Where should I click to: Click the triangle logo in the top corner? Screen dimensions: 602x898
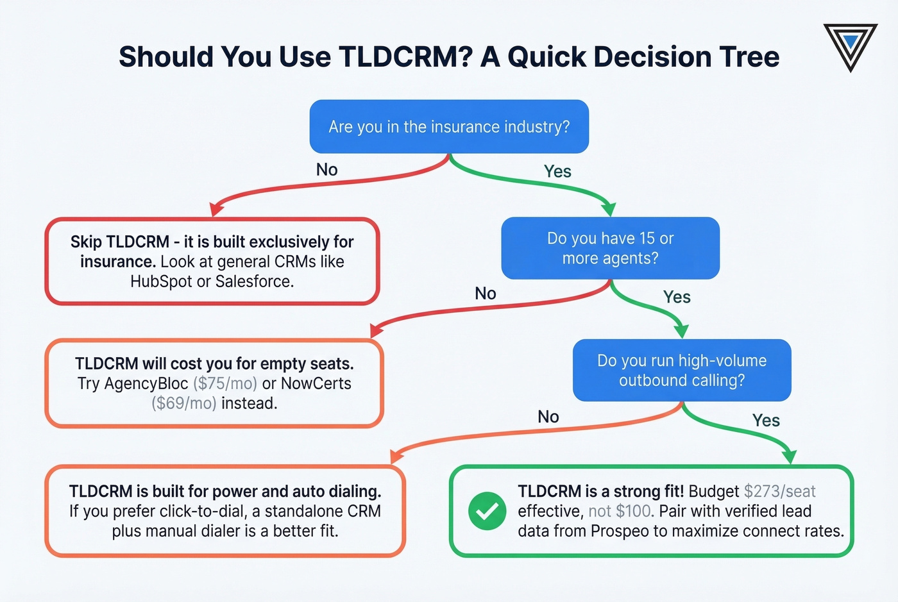click(x=850, y=46)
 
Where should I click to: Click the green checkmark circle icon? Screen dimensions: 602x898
click(x=487, y=511)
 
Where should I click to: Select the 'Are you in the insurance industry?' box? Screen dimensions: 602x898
click(x=449, y=126)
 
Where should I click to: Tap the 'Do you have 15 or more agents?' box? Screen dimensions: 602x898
click(x=610, y=248)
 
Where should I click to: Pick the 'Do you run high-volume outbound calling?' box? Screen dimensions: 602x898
click(x=682, y=370)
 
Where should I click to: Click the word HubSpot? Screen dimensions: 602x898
click(x=161, y=281)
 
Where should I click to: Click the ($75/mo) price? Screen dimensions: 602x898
click(x=224, y=383)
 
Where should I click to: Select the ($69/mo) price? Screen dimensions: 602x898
click(x=184, y=403)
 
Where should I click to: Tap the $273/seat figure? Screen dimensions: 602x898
click(x=779, y=491)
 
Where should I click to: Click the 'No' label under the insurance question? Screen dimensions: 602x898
click(x=326, y=169)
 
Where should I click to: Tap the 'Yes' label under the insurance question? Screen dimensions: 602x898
click(x=557, y=171)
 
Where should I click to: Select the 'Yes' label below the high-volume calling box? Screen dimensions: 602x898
click(x=766, y=421)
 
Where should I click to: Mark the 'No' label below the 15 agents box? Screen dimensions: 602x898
click(x=486, y=294)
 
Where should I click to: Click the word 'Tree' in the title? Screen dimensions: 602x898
click(x=749, y=56)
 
